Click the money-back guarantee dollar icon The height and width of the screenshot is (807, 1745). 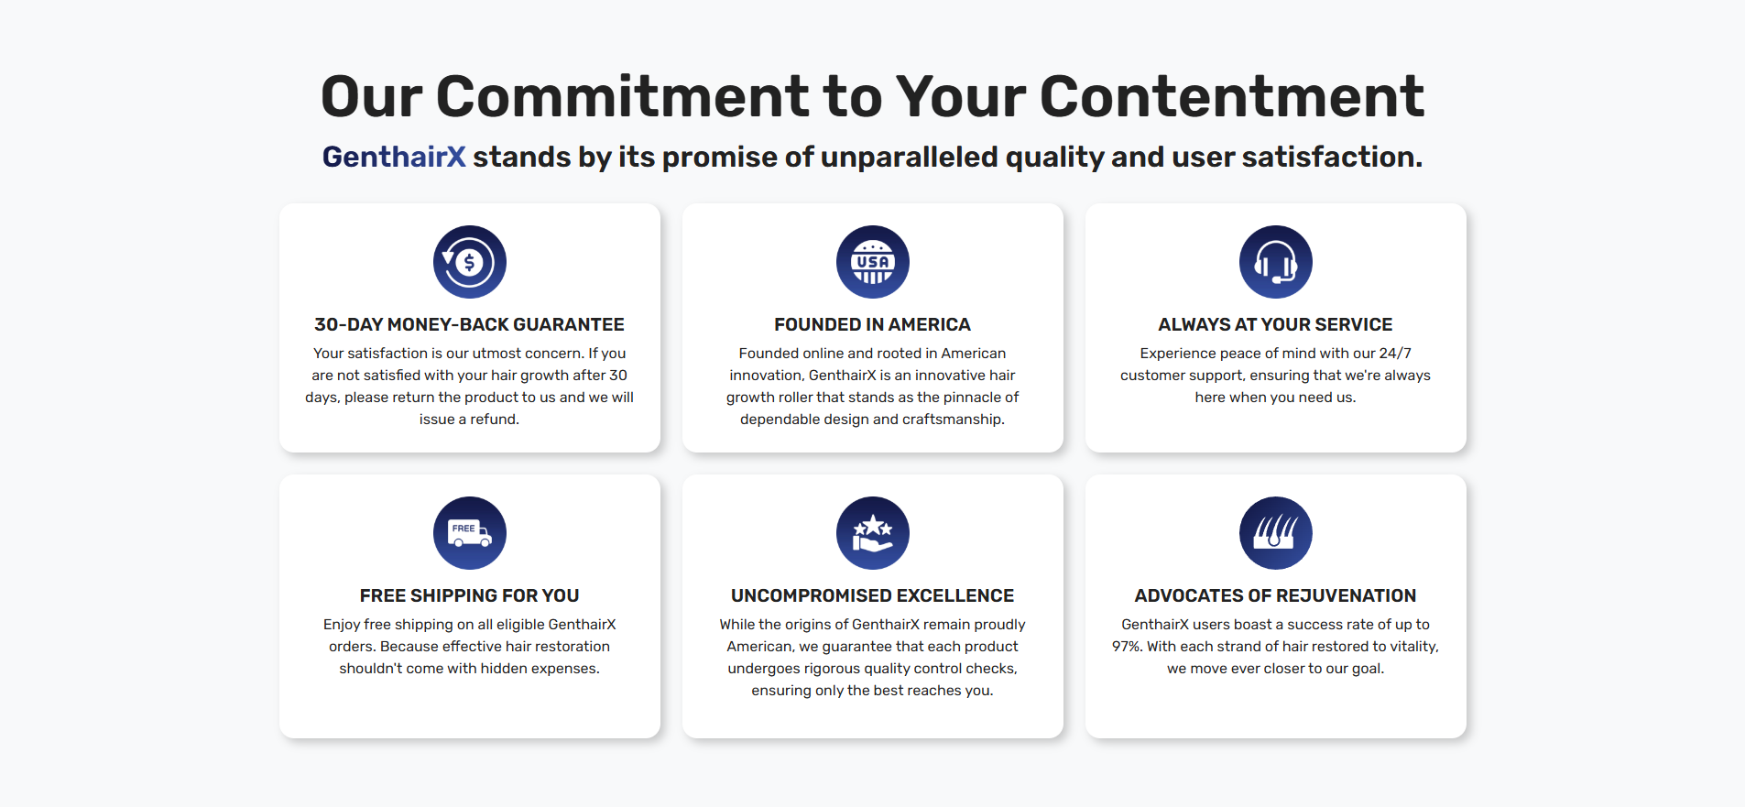469,262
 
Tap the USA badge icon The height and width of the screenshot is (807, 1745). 872,262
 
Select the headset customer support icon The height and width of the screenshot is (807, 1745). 1275,262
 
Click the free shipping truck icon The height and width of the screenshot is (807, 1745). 469,533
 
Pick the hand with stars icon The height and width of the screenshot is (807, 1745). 872,533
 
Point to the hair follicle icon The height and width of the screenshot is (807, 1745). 1275,533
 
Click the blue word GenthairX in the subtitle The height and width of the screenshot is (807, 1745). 394,157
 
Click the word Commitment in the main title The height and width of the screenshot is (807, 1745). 623,96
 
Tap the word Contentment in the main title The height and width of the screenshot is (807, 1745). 1232,96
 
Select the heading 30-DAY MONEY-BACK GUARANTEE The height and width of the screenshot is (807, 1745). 469,324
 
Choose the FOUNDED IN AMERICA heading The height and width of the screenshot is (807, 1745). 872,324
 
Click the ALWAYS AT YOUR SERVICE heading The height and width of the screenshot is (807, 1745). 1275,324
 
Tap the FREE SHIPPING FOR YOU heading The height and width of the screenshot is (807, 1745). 469,595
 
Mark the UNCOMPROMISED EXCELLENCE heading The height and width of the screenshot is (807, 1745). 872,595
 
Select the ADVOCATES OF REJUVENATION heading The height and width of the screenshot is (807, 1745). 1275,595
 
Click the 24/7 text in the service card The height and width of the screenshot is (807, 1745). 1395,354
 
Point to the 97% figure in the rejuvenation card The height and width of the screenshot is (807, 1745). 1128,647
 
